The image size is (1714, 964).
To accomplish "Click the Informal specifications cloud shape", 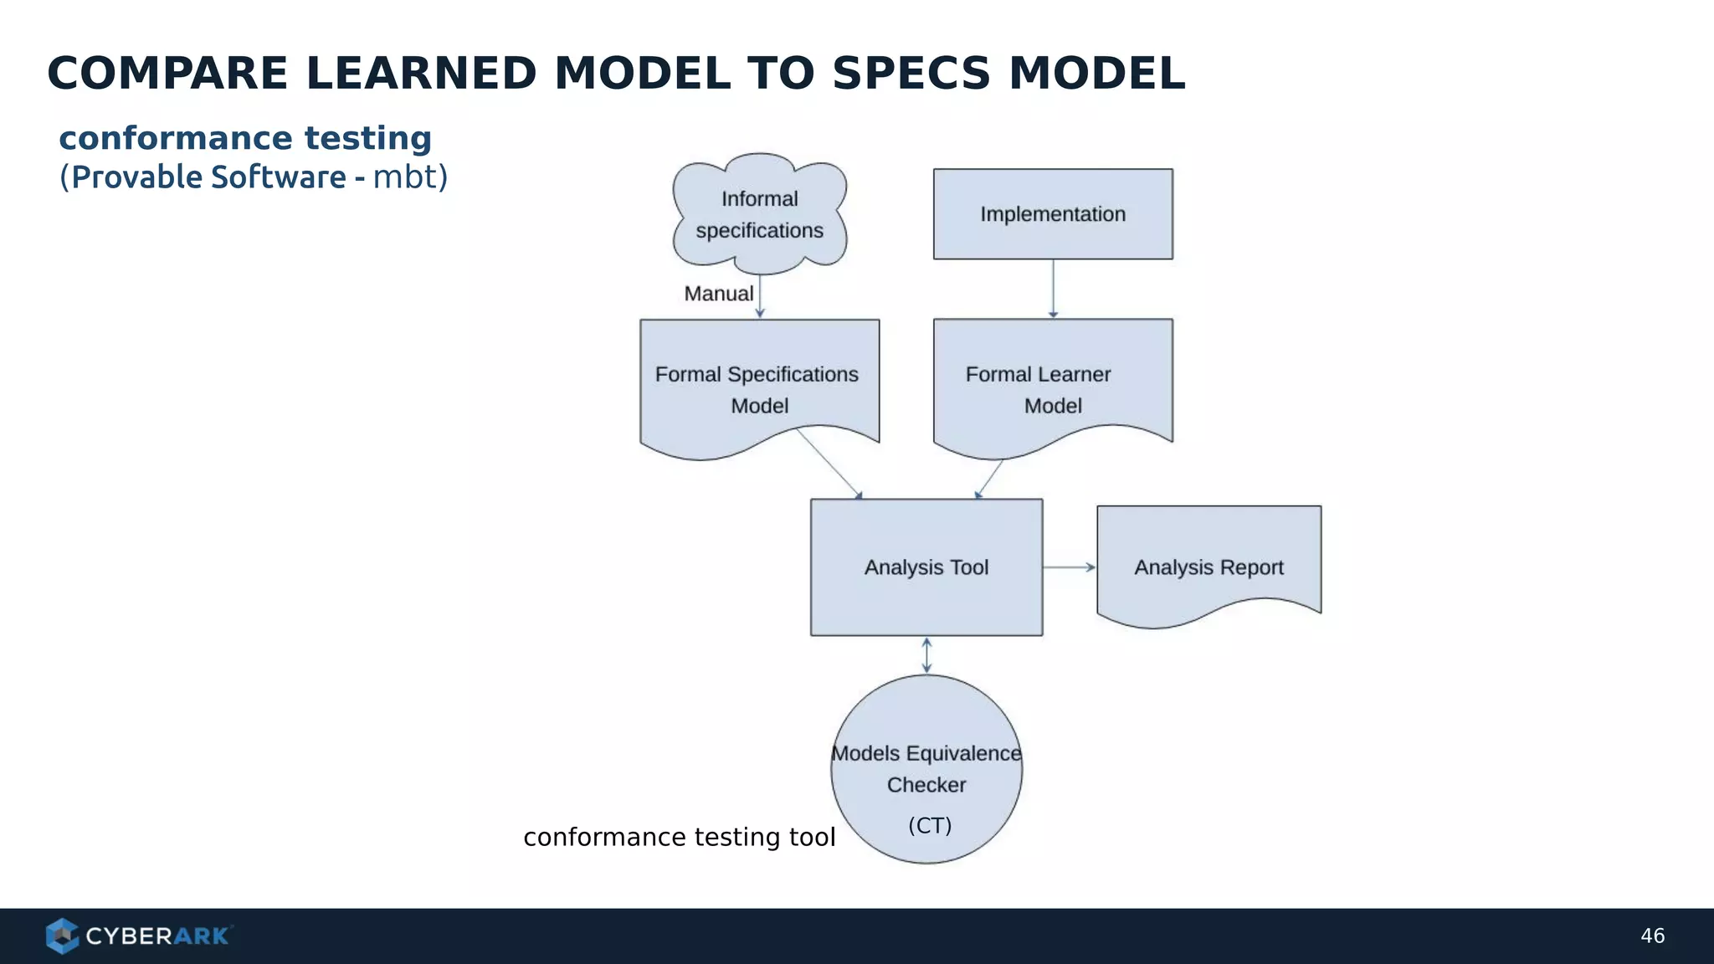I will click(x=759, y=214).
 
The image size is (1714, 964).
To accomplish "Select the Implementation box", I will click(x=1053, y=214).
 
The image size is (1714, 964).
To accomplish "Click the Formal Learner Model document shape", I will click(x=1053, y=389).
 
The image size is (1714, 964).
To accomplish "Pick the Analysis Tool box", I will click(x=926, y=567).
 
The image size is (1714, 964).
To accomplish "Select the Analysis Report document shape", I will click(x=1209, y=567).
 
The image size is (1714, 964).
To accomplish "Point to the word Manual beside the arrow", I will click(x=718, y=294).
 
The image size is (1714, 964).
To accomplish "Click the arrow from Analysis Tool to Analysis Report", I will click(x=1069, y=567).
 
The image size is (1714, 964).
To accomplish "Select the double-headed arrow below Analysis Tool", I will click(x=926, y=655).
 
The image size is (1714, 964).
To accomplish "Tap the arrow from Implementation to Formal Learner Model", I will click(x=1053, y=289).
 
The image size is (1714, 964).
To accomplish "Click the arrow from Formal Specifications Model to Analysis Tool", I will click(x=829, y=464).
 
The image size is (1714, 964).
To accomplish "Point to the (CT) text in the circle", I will click(x=930, y=826).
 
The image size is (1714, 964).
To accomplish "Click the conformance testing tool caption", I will click(x=679, y=837).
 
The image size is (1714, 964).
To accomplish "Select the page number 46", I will click(x=1652, y=936).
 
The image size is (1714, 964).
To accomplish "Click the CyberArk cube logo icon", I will click(x=62, y=936).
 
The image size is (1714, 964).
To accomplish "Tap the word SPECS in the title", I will click(x=911, y=74).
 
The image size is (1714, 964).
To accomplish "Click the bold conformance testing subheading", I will click(x=245, y=138).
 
